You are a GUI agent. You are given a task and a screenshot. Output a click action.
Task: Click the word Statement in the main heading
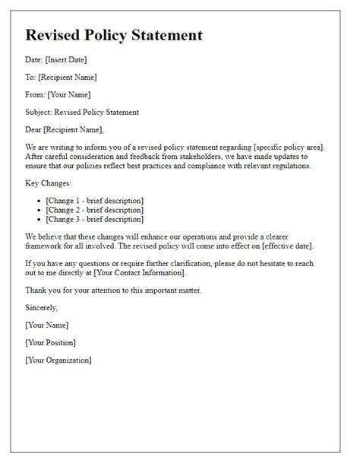point(167,35)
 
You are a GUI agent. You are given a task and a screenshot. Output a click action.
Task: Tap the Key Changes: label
point(49,184)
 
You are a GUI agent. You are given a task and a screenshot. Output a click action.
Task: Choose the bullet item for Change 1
point(95,201)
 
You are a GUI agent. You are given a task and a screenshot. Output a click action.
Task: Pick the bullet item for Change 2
point(95,210)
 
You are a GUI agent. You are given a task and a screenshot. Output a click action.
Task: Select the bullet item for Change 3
point(95,219)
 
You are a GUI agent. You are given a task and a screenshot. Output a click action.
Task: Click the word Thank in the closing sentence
point(36,290)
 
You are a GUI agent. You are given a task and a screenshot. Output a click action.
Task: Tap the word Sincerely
point(41,308)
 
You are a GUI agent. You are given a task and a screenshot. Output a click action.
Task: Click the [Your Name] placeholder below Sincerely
point(46,325)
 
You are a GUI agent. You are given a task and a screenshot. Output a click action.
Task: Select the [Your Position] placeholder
point(52,342)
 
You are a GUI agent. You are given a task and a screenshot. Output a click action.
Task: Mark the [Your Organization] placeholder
point(58,360)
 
